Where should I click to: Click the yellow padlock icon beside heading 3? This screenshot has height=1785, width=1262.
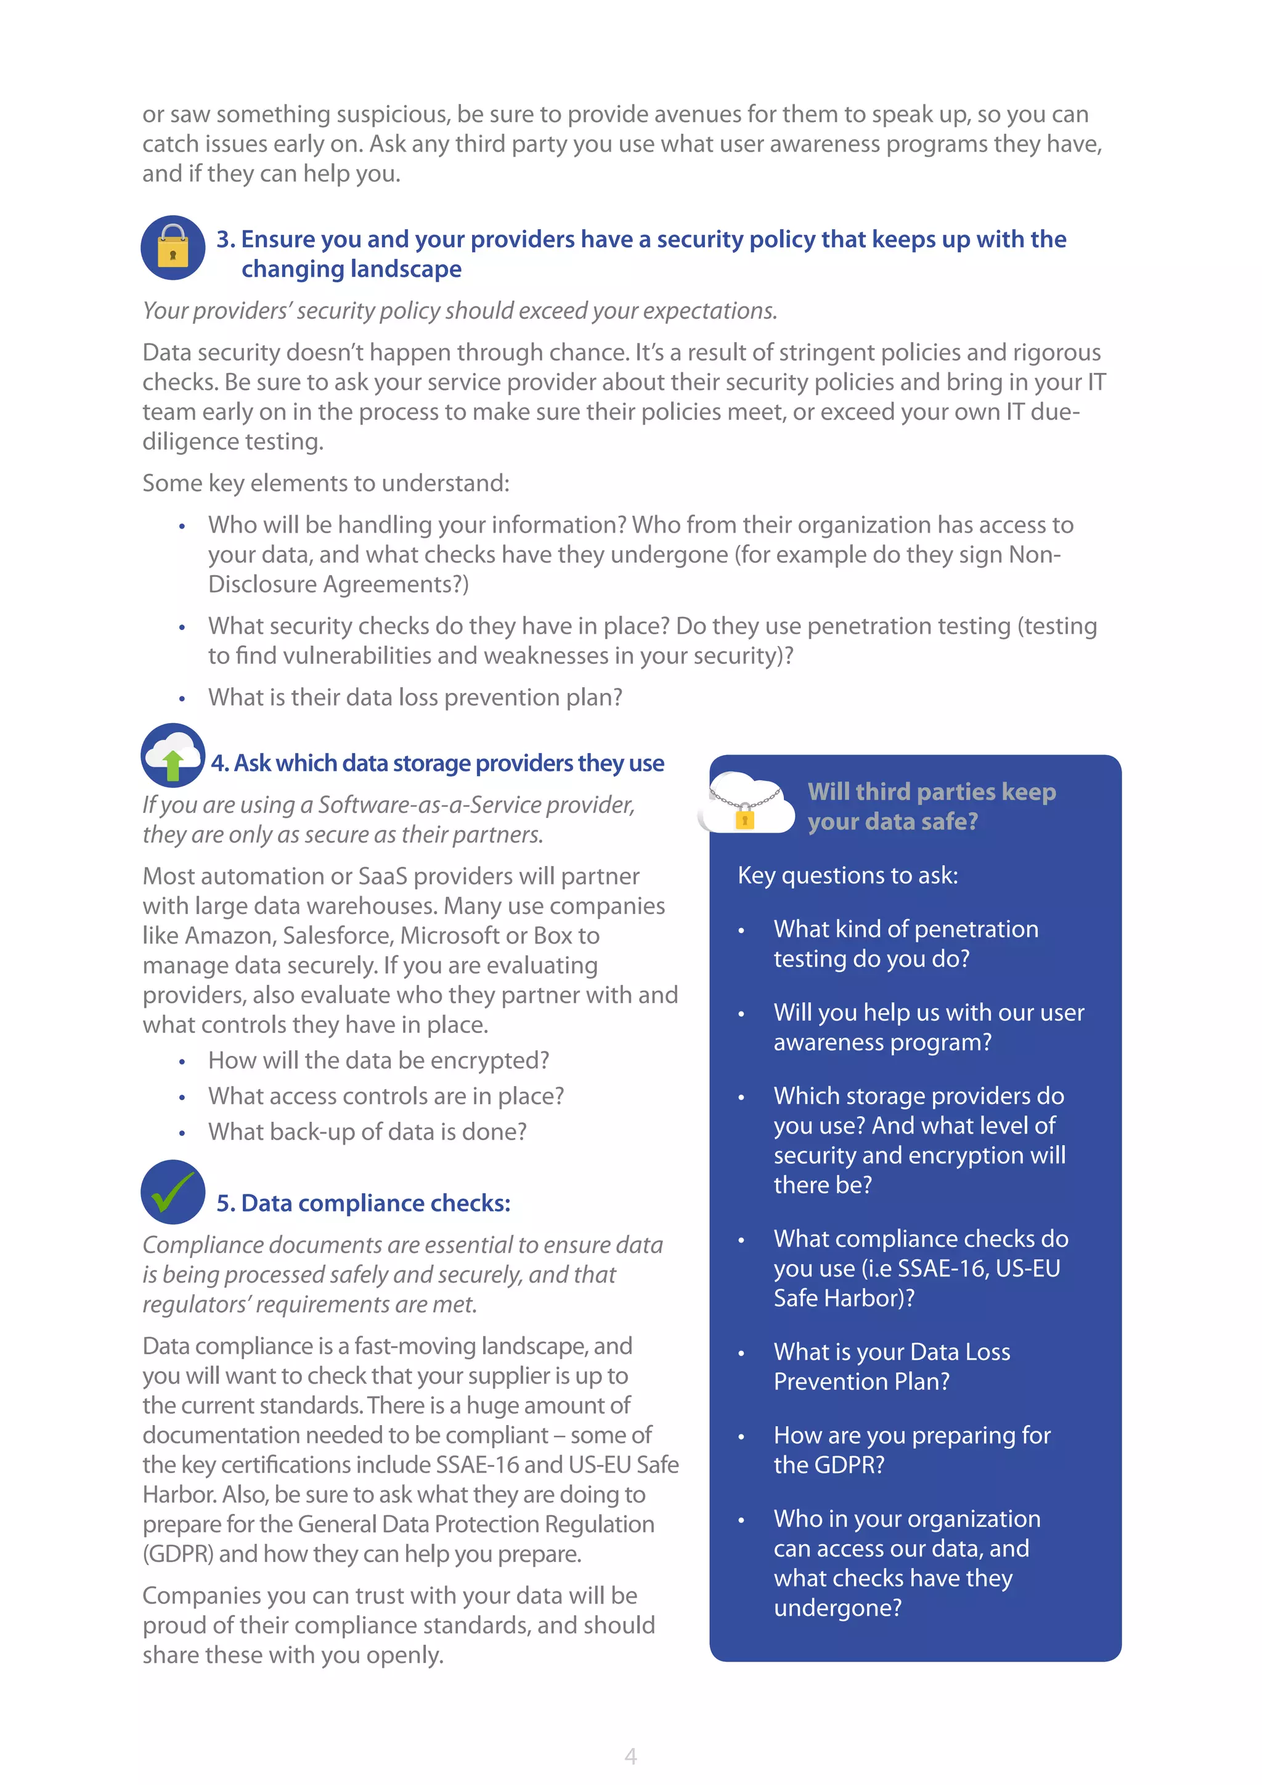(x=173, y=248)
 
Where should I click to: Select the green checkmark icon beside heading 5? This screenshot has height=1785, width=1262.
(x=173, y=1192)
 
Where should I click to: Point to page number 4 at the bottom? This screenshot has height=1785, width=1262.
(x=630, y=1755)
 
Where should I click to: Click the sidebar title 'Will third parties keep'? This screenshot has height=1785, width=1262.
(x=931, y=791)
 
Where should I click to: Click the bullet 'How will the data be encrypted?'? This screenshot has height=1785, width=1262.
(x=378, y=1060)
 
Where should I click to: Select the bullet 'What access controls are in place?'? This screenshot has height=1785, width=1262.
(x=385, y=1096)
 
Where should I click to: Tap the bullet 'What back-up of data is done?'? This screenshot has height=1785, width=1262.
(x=367, y=1132)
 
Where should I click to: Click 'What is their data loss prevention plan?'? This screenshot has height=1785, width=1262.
(x=415, y=697)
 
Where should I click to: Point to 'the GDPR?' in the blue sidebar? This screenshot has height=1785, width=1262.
(x=828, y=1464)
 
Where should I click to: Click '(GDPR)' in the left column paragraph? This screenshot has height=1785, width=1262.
(x=178, y=1553)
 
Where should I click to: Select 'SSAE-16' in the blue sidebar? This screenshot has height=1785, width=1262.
(x=941, y=1268)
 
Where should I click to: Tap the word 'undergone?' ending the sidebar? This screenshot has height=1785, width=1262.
(x=837, y=1607)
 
